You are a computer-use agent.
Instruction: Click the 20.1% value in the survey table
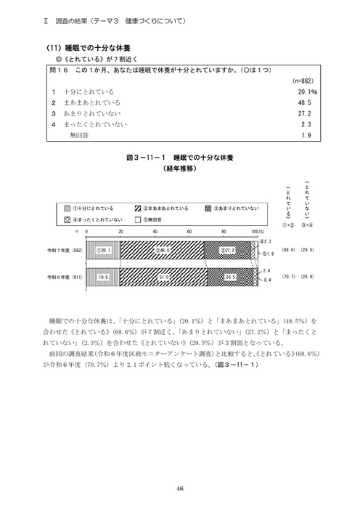(304, 93)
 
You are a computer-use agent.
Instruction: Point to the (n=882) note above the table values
(301, 82)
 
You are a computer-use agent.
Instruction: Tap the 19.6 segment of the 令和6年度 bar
(104, 277)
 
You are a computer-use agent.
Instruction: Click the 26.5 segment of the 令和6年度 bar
(231, 277)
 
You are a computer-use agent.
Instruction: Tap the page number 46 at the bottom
(179, 488)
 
